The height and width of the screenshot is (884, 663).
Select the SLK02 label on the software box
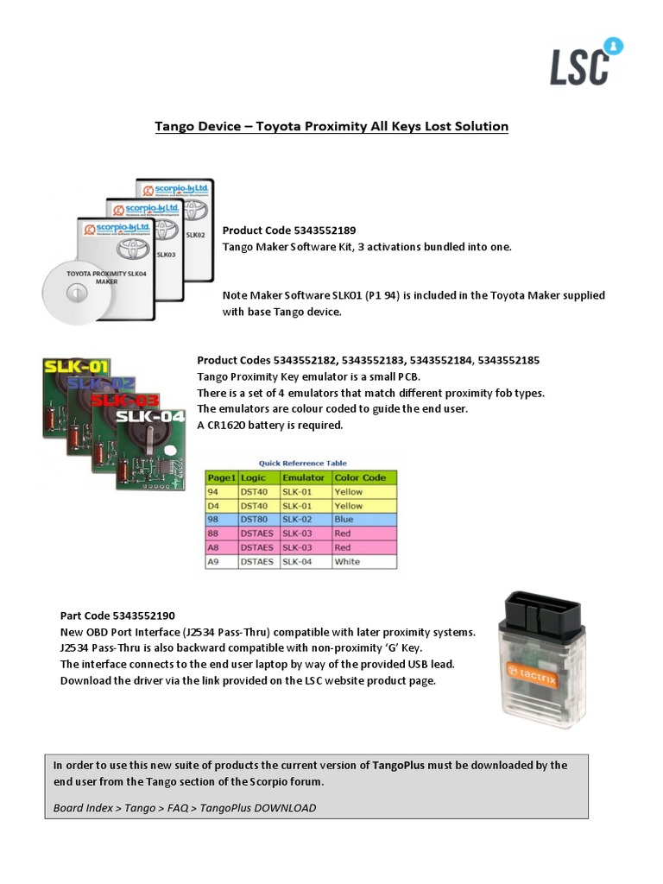195,233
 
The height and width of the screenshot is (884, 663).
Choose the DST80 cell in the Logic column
256,520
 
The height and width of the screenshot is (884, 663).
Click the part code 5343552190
144,616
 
